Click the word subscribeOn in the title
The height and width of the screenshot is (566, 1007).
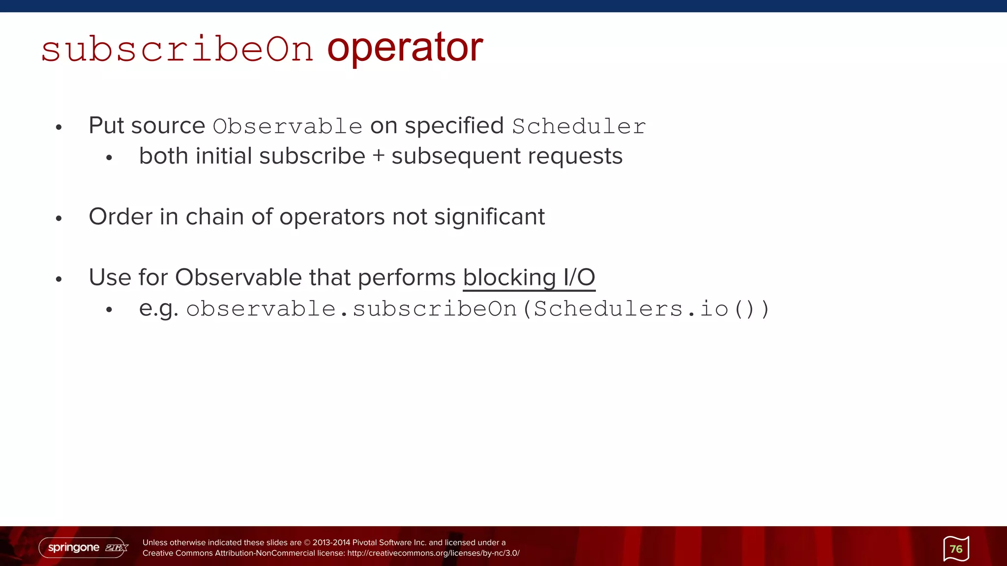[177, 49]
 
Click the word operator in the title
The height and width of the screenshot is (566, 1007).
[405, 48]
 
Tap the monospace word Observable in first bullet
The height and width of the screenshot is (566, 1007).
[288, 126]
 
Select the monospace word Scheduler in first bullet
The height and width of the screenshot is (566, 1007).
[579, 126]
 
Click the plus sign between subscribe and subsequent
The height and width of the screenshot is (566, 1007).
[378, 156]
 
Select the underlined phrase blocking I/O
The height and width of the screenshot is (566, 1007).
[529, 278]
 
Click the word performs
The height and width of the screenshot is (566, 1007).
[407, 278]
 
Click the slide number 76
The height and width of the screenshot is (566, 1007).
[956, 549]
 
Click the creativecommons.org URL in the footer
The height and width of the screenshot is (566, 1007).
[433, 553]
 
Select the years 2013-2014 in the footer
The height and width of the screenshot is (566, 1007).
[331, 542]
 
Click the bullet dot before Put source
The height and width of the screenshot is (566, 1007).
[59, 128]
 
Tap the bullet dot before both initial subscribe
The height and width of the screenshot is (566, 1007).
[109, 158]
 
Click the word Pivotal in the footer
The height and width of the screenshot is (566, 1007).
[364, 542]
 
